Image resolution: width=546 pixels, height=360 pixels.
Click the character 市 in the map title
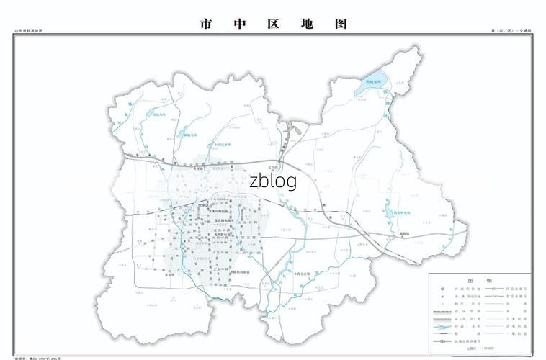(x=206, y=24)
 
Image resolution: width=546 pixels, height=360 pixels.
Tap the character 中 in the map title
(x=241, y=24)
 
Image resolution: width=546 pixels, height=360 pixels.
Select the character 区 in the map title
(x=274, y=24)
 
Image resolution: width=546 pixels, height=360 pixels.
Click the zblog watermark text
(x=273, y=181)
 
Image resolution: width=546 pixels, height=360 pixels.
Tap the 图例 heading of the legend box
(x=480, y=280)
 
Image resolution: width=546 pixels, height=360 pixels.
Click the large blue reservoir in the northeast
(x=375, y=83)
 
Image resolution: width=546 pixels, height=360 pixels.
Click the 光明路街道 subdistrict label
(x=223, y=235)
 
